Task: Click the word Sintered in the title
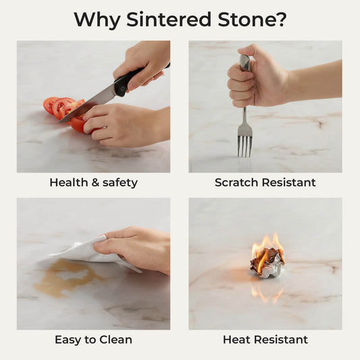click(x=169, y=20)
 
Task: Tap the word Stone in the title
click(x=247, y=20)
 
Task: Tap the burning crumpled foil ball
click(x=268, y=262)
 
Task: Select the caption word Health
click(x=69, y=182)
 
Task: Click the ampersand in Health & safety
click(x=95, y=183)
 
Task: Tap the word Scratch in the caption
click(x=236, y=182)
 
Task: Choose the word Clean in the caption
click(x=116, y=340)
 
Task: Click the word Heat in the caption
click(x=234, y=340)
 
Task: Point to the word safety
click(x=120, y=183)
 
